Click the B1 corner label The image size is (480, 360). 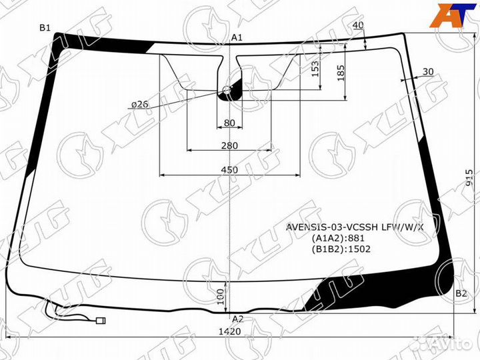(x=45, y=28)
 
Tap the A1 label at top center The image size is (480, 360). (x=237, y=37)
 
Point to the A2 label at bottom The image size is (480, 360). (x=237, y=319)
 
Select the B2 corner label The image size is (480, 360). (x=461, y=293)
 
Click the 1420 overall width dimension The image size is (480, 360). (x=229, y=331)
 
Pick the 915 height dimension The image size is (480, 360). (x=469, y=177)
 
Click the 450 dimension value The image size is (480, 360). (x=229, y=170)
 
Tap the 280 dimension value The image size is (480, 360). (x=229, y=145)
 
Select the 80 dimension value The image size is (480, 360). (x=229, y=123)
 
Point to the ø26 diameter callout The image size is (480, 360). (x=139, y=105)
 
